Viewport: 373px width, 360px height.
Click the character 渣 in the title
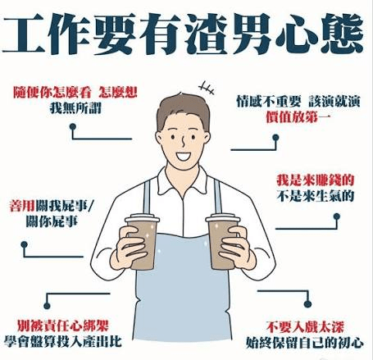[207, 34]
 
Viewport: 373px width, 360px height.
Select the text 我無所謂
[75, 108]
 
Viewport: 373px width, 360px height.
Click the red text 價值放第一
[298, 117]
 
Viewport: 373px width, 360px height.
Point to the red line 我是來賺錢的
[316, 180]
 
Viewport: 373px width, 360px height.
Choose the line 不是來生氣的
[316, 196]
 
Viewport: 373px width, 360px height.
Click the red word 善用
[22, 206]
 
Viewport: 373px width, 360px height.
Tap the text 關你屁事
[52, 221]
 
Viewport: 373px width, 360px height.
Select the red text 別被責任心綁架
[63, 326]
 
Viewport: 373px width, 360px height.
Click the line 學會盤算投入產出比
[63, 342]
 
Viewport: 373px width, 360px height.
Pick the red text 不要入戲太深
[305, 327]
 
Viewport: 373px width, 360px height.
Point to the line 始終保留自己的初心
[305, 343]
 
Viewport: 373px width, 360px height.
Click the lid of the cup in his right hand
[142, 219]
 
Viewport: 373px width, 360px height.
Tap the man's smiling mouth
[183, 156]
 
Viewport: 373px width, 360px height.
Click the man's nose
[184, 142]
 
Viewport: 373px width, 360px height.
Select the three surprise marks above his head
[207, 88]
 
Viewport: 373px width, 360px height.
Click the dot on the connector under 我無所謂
[73, 126]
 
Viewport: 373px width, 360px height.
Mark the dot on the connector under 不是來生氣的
[337, 216]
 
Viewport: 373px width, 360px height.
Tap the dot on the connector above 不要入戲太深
[307, 303]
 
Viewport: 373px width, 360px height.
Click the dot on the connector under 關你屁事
[25, 244]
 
